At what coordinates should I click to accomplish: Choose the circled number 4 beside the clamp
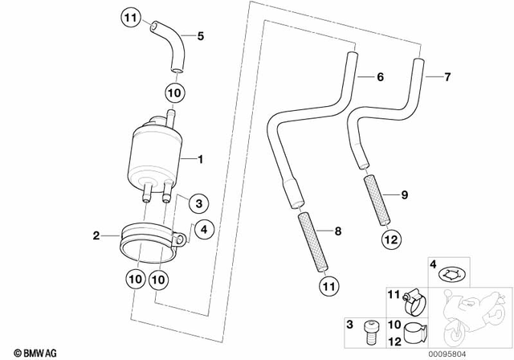(x=202, y=230)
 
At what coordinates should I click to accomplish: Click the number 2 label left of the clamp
(x=96, y=235)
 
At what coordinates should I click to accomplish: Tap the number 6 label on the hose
(x=381, y=77)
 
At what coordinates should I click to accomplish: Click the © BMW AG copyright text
(x=24, y=352)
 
